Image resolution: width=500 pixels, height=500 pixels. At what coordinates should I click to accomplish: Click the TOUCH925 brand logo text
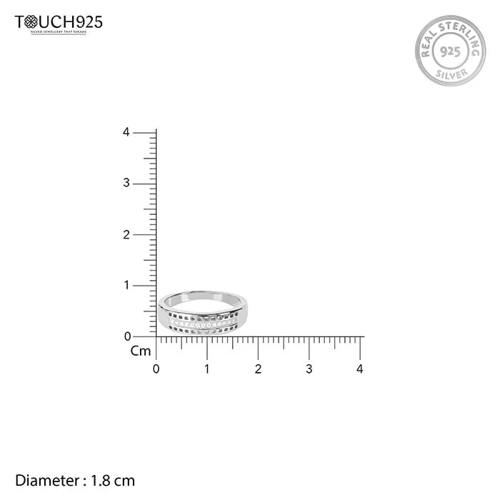click(59, 22)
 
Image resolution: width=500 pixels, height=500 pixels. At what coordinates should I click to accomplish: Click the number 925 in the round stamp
click(450, 51)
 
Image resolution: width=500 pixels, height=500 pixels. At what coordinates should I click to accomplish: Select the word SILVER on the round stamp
click(450, 73)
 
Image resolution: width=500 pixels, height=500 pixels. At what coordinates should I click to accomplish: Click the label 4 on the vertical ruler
click(126, 132)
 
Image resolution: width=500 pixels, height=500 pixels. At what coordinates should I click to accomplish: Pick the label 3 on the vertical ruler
click(126, 184)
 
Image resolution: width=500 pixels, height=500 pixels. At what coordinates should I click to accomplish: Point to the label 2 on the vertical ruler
click(126, 234)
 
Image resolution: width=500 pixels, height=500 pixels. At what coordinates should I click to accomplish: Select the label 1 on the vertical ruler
click(126, 285)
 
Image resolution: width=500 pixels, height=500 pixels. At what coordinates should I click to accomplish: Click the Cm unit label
click(140, 351)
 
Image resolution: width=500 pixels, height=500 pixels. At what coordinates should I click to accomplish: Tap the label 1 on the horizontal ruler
click(207, 369)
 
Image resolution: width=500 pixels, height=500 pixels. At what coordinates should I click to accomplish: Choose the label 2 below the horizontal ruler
click(258, 369)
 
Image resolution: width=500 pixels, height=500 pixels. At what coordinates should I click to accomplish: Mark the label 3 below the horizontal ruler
click(309, 369)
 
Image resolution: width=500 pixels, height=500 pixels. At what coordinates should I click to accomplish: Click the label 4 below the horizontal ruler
click(360, 369)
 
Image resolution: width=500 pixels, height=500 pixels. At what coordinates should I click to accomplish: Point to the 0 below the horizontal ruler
click(156, 369)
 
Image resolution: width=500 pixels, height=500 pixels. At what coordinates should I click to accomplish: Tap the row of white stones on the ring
click(204, 324)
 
